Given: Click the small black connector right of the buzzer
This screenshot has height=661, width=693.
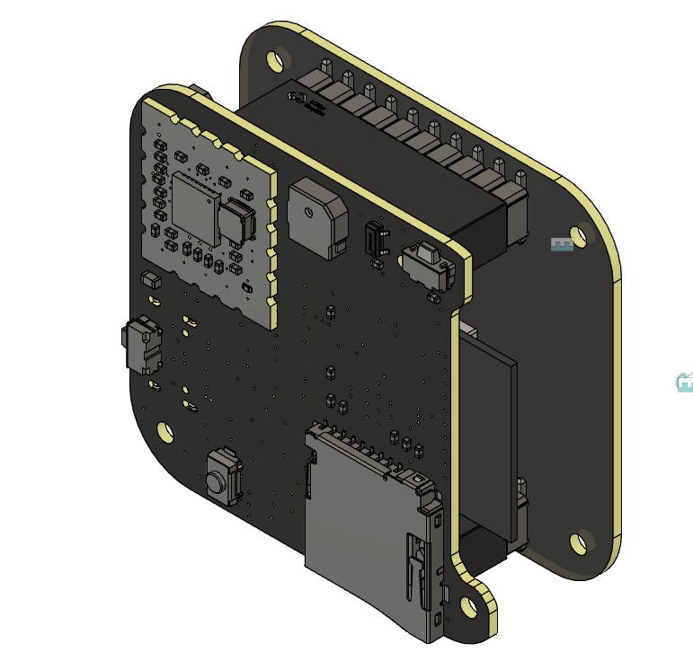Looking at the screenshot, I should pos(377,241).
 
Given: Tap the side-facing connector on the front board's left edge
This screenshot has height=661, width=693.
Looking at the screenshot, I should pos(141,345).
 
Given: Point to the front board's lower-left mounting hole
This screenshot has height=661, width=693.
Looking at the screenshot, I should pos(164,431).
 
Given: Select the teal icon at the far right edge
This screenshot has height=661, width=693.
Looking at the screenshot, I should pos(685,383).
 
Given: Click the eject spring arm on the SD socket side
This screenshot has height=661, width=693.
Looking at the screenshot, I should pos(417,566).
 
